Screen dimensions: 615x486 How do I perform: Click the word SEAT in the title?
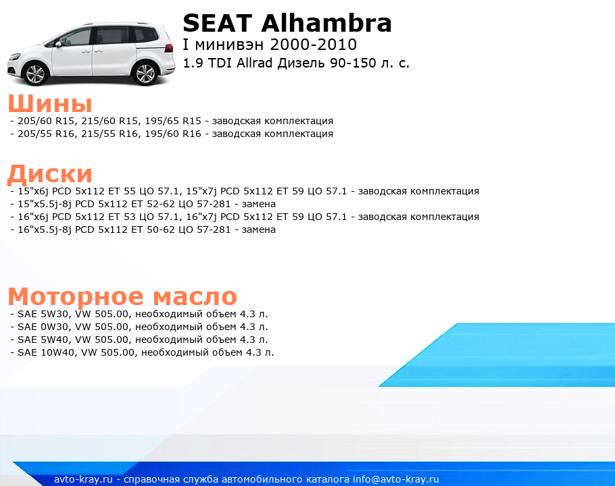click(x=217, y=23)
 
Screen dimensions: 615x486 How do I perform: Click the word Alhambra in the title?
click(x=326, y=23)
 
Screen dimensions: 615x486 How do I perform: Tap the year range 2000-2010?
click(x=314, y=45)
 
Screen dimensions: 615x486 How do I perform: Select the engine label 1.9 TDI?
click(x=207, y=63)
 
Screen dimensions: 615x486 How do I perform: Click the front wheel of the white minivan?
click(x=36, y=74)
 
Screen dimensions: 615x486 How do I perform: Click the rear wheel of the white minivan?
click(x=145, y=73)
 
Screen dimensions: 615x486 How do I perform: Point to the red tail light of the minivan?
click(x=169, y=48)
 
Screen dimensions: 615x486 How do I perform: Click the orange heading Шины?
click(x=50, y=103)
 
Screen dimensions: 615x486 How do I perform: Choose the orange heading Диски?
click(x=50, y=173)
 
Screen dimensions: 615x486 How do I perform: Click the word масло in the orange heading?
click(x=195, y=296)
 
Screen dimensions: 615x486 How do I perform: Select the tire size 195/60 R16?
click(x=173, y=134)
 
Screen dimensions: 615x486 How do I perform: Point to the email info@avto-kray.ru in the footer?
click(x=396, y=479)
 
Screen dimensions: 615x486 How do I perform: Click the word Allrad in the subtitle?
click(x=254, y=63)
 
